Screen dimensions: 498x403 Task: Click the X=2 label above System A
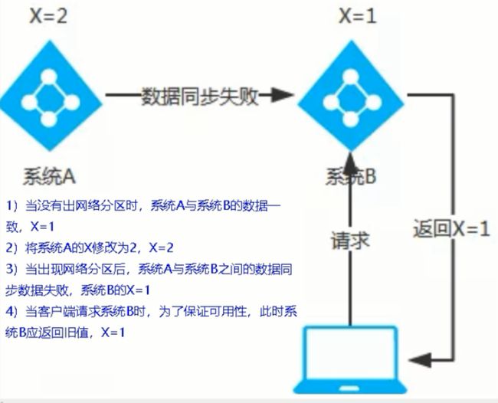click(48, 16)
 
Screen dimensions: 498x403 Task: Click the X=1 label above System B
click(358, 16)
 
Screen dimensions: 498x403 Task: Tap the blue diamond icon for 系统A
click(50, 96)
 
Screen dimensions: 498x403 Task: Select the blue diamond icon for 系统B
click(351, 96)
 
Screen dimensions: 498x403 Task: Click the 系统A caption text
click(49, 176)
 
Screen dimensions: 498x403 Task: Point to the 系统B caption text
click(351, 176)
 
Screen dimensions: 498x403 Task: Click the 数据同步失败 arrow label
click(199, 96)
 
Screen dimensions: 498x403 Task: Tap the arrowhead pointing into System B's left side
click(282, 95)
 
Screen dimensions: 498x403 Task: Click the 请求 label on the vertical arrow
click(351, 241)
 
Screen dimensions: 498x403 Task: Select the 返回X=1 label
click(451, 228)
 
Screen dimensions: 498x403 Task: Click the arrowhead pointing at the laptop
click(420, 360)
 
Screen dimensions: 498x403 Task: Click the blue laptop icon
click(350, 359)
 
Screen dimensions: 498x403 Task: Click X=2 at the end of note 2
click(161, 247)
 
